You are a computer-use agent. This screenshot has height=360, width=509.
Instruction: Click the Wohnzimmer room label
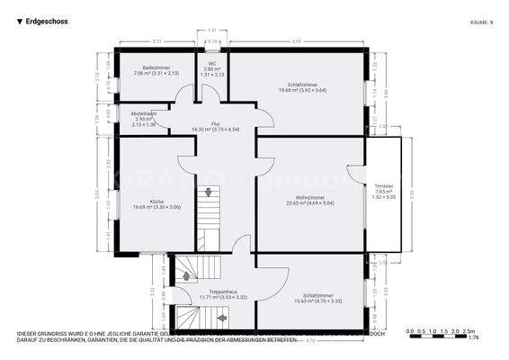click(x=309, y=200)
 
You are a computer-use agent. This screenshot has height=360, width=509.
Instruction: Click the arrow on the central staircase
click(x=209, y=192)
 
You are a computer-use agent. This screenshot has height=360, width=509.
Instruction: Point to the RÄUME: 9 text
click(x=481, y=22)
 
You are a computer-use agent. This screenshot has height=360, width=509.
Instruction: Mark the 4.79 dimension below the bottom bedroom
click(x=310, y=340)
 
